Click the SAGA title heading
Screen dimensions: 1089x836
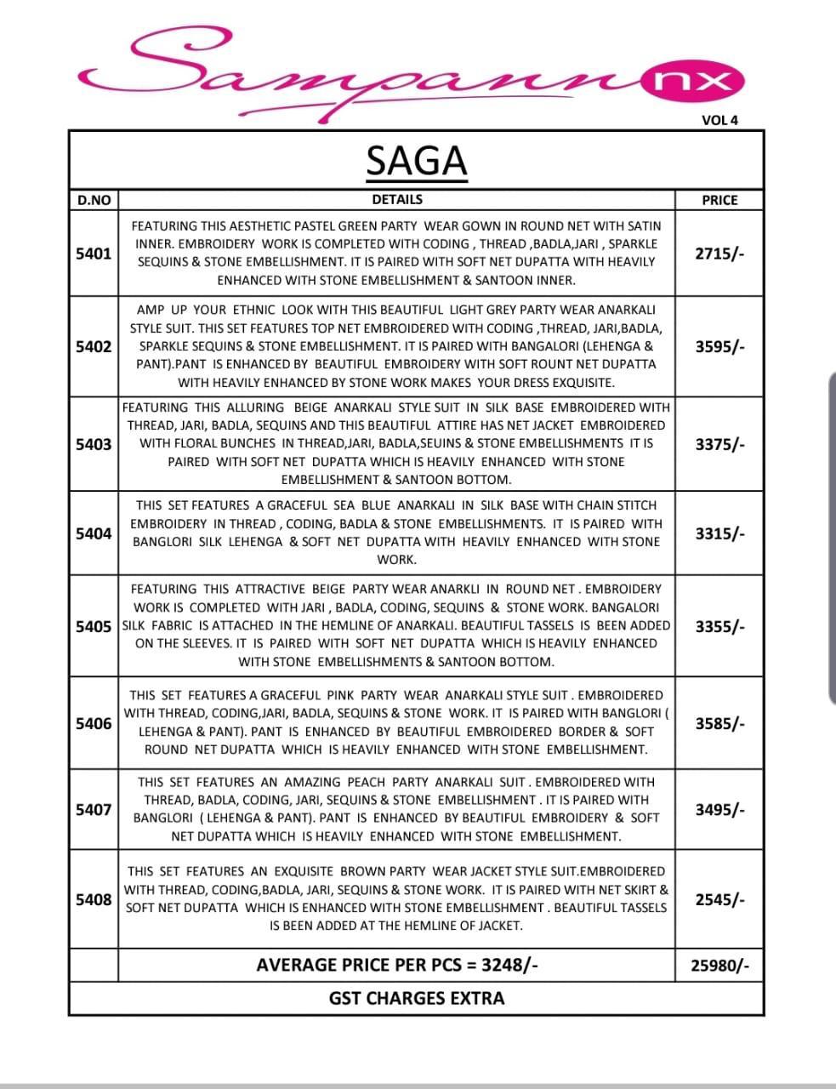pos(416,161)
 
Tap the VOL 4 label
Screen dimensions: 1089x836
pos(719,120)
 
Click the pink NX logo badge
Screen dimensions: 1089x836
pos(695,83)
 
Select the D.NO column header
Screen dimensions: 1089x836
pos(94,200)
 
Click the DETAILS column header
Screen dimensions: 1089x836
pos(396,199)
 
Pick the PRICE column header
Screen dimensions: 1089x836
pos(719,200)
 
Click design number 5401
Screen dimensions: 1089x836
pos(94,253)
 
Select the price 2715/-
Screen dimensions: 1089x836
pos(719,253)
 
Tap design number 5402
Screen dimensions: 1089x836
pos(94,346)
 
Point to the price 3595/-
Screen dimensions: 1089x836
pos(719,346)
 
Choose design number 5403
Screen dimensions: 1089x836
pos(94,443)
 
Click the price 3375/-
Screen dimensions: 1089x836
pos(719,443)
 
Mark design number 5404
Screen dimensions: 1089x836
pos(94,533)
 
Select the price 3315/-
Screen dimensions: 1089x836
pos(719,533)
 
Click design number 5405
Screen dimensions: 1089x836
pos(94,626)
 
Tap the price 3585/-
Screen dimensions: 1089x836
pos(719,723)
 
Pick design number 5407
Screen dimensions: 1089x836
pos(94,809)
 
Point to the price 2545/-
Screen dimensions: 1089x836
pos(719,898)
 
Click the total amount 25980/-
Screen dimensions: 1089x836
pos(719,966)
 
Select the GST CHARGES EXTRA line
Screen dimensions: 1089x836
pos(416,998)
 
